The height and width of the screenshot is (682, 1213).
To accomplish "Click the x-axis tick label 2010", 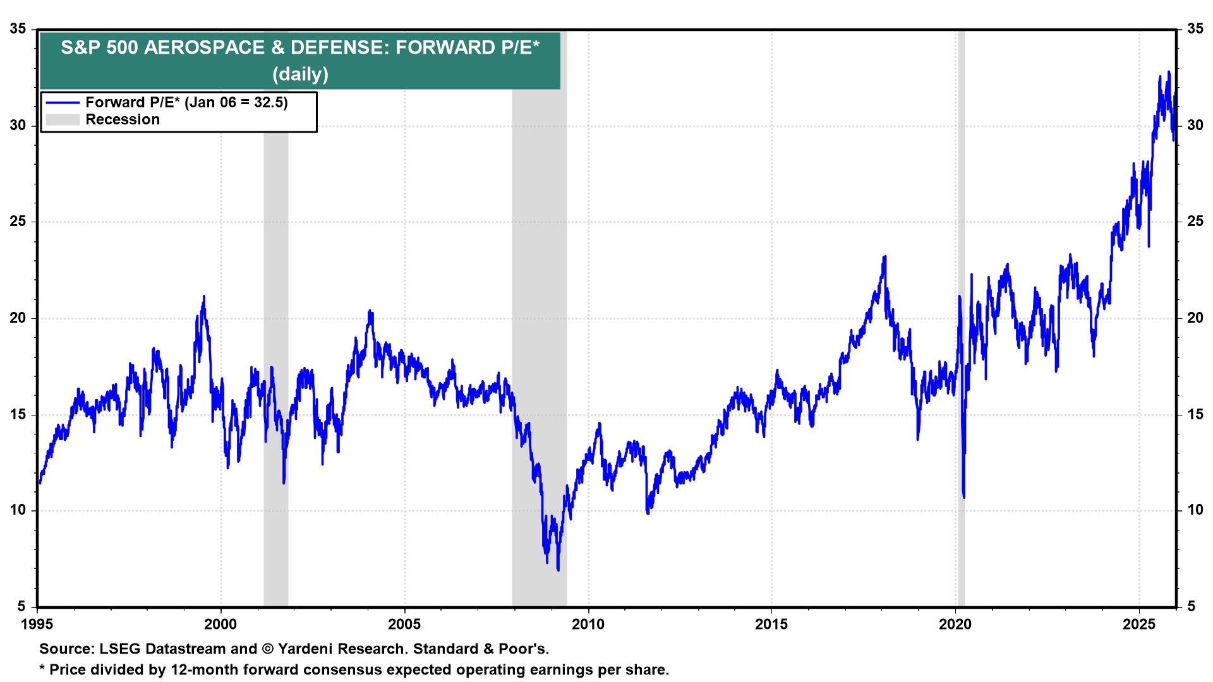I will point(588,625).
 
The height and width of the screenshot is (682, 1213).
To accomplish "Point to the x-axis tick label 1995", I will point(37,625).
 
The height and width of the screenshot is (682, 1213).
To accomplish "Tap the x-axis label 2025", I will point(1138,625).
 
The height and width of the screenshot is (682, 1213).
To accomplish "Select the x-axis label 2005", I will point(404,625).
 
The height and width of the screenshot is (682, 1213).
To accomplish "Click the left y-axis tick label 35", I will point(18,29).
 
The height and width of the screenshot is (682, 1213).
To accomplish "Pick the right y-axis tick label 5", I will point(1192,607).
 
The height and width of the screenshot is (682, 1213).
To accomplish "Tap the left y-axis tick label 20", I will point(18,318).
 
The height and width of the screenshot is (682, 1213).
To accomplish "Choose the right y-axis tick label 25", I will point(1195,222).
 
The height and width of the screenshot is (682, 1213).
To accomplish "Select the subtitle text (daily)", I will point(300,75).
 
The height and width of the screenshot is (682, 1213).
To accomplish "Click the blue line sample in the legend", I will point(63,103).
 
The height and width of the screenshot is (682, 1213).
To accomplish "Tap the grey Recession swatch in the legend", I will point(63,120).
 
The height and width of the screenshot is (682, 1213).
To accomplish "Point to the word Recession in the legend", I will point(123,120).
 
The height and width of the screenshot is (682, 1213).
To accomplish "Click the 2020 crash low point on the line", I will point(964,497).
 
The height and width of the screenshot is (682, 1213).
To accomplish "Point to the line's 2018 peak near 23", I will point(885,257).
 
